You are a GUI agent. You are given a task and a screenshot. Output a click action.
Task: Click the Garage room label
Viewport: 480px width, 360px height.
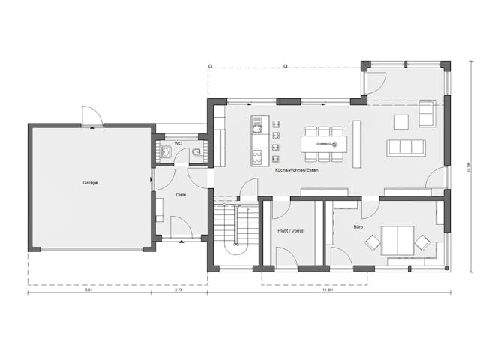click(x=90, y=182)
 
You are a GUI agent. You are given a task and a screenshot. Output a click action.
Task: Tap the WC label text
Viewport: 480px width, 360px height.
click(x=178, y=142)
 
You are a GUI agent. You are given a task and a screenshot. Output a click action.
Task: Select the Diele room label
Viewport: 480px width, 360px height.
click(x=181, y=195)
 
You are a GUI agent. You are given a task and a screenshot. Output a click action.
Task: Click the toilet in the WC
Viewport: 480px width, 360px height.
click(x=196, y=153)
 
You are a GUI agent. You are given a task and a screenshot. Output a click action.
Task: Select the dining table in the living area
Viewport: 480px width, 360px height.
click(x=323, y=143)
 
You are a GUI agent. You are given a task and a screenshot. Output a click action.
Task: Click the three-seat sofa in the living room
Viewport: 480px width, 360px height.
click(x=406, y=148)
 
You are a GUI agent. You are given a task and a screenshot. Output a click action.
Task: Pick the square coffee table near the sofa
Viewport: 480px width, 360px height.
click(x=400, y=121)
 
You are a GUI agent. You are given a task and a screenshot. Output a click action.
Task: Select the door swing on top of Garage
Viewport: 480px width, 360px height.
click(x=91, y=115)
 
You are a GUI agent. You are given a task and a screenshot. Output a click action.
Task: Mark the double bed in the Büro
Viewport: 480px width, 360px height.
click(x=397, y=241)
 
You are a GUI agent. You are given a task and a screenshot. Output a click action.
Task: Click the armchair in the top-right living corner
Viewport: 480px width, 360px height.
click(x=427, y=113)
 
